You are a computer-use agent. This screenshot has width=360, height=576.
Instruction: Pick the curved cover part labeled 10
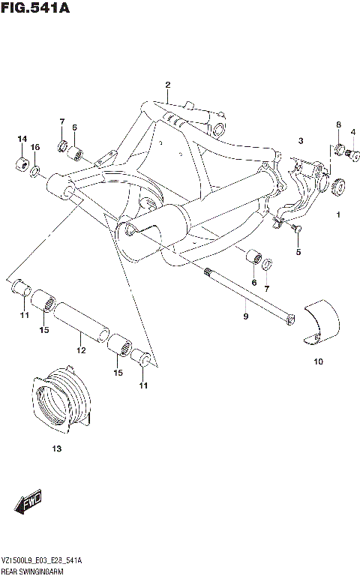point(321,323)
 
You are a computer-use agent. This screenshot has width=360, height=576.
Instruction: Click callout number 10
point(318,362)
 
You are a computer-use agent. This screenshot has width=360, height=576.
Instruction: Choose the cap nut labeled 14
point(22,164)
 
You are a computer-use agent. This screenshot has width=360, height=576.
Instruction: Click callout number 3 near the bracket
point(299,140)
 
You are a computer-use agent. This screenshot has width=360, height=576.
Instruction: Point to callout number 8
point(338,124)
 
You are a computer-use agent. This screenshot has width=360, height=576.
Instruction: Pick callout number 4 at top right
point(352,132)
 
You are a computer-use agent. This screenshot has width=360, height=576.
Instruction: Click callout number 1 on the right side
point(338,215)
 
